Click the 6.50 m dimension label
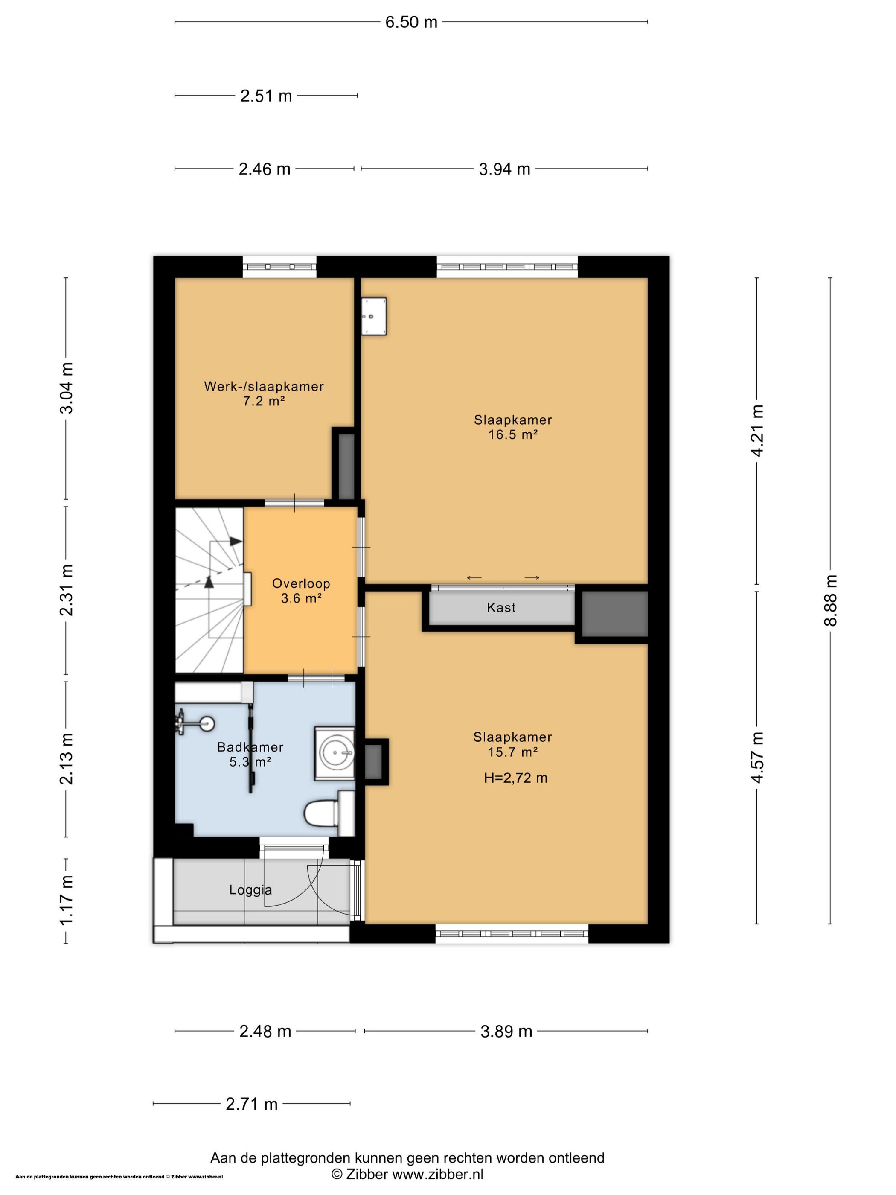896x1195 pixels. [x=411, y=22]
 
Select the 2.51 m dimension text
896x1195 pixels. [x=266, y=96]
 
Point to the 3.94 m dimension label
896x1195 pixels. [x=504, y=169]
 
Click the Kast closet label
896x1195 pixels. [x=501, y=608]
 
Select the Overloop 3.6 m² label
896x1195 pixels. [x=301, y=591]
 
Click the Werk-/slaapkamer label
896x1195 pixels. [x=264, y=386]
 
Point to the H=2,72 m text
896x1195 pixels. [x=515, y=778]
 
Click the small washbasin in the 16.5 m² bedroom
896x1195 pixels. [x=374, y=316]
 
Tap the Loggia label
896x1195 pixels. [x=250, y=890]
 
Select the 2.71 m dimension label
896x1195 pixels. [x=252, y=1104]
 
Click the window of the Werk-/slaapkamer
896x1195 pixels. [x=279, y=267]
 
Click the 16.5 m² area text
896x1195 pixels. [x=513, y=435]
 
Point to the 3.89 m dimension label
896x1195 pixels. [x=506, y=1031]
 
